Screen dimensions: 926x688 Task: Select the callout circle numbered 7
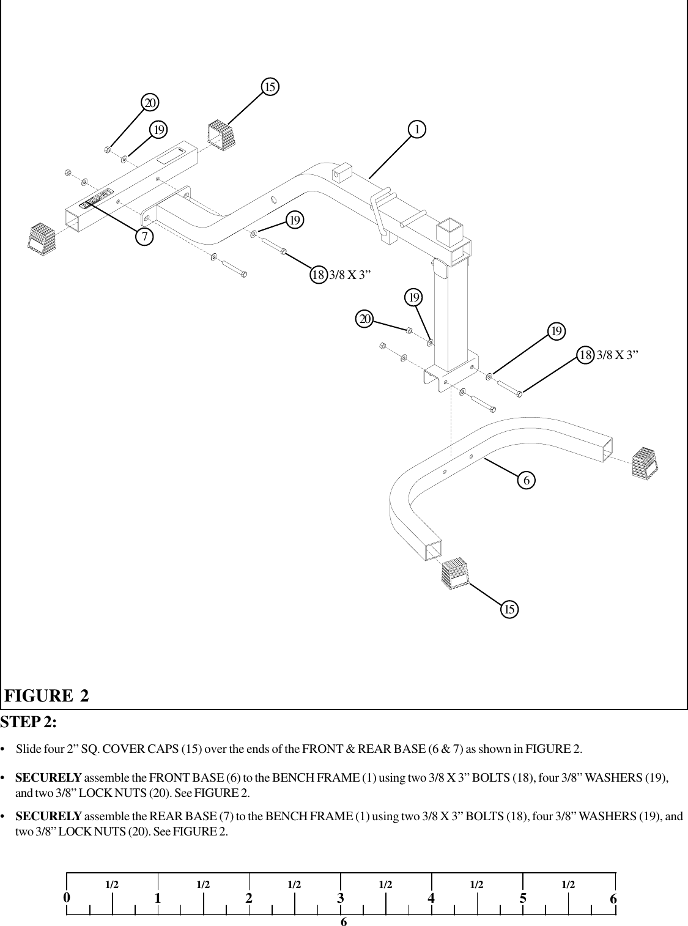pos(144,236)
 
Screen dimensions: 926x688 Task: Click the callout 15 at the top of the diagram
pos(270,87)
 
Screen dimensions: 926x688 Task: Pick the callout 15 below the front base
pos(509,609)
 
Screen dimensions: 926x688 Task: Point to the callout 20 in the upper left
pos(150,102)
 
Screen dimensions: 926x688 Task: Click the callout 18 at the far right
pos(586,354)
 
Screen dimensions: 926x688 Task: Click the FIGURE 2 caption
pos(47,696)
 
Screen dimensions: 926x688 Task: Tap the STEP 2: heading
pos(29,722)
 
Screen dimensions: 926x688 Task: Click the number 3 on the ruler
pos(340,898)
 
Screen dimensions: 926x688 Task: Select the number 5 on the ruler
pos(523,898)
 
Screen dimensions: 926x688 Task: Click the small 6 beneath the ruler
pos(344,921)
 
